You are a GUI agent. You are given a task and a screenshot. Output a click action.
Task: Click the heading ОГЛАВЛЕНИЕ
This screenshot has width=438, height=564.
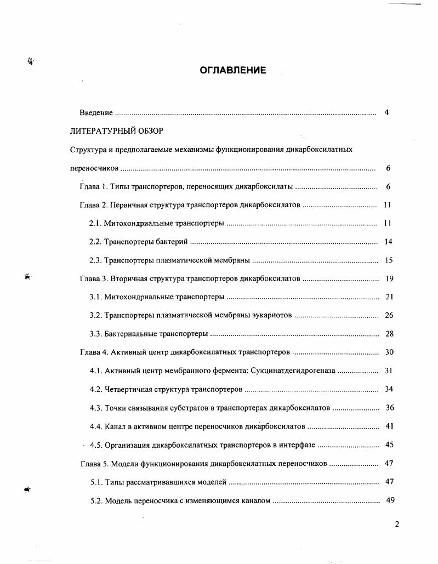(x=232, y=70)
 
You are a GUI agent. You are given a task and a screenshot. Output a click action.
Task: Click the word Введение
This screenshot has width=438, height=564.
(x=96, y=113)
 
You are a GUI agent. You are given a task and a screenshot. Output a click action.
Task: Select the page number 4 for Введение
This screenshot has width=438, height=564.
(x=386, y=113)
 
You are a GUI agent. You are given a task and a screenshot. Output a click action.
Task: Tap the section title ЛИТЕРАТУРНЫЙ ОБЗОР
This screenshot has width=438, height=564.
(x=117, y=131)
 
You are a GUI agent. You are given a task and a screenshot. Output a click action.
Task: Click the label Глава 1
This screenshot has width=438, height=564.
(x=93, y=187)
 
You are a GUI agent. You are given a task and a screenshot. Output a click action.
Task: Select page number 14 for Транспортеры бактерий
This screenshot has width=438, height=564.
(x=388, y=242)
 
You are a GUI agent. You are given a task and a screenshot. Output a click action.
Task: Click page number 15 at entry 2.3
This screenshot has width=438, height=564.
(x=389, y=260)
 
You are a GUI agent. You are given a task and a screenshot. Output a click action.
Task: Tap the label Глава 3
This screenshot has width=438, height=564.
(x=94, y=279)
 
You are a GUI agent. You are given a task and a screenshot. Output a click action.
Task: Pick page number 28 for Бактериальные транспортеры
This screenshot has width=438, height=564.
(x=389, y=334)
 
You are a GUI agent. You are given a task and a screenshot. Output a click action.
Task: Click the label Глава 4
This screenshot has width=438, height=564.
(x=94, y=352)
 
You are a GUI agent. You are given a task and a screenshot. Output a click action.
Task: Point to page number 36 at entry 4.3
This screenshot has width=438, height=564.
(x=390, y=408)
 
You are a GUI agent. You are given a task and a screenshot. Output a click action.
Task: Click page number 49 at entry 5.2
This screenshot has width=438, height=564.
(x=390, y=500)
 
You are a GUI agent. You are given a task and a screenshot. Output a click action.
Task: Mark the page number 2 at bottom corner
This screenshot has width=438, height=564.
(x=397, y=524)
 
